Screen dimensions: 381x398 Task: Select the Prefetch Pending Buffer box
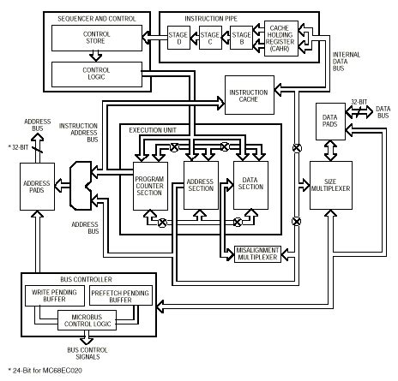pyautogui.click(x=120, y=295)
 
